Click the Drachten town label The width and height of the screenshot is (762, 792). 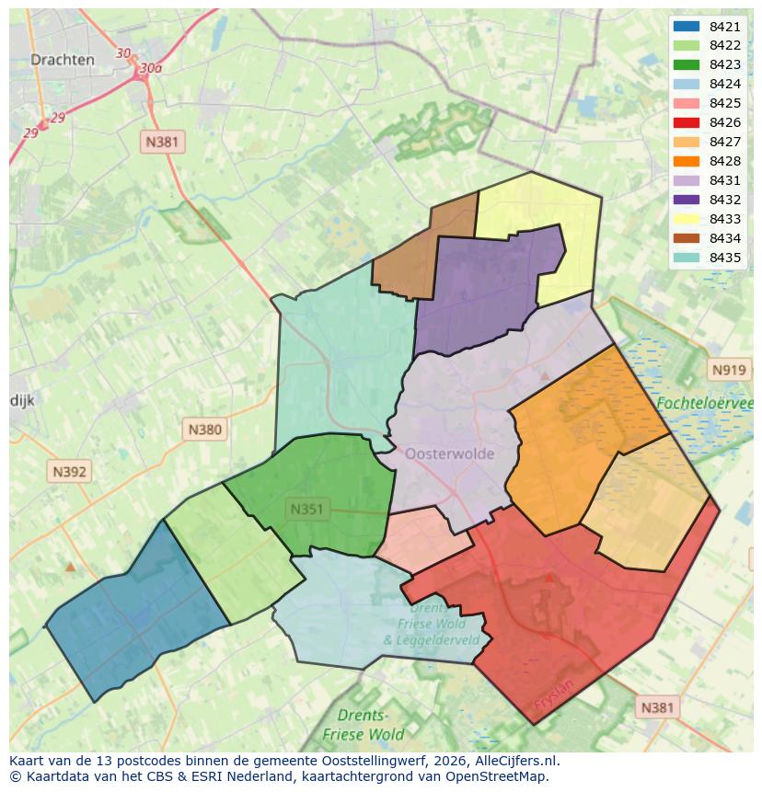pos(62,60)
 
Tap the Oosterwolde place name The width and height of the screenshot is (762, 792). pos(449,453)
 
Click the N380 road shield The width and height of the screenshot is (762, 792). pos(204,429)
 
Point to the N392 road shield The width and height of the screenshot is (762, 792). pos(69,472)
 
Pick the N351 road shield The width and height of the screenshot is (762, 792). pos(306,509)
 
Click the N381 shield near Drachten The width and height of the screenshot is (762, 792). pos(162,142)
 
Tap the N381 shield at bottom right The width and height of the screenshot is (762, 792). pos(656,706)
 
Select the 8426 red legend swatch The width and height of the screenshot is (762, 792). pos(686,122)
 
